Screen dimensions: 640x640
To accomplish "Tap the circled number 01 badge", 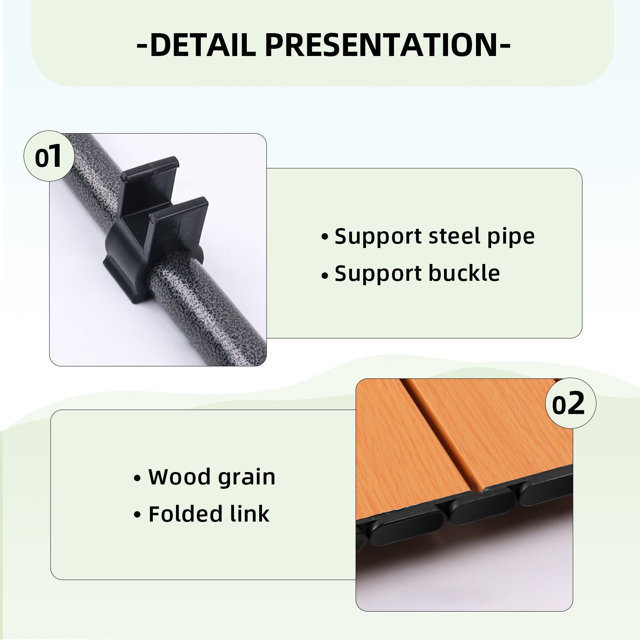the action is (x=49, y=156).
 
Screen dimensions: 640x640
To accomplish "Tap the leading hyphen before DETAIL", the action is (x=142, y=46).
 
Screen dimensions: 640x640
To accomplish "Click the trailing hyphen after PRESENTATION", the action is (x=504, y=46).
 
